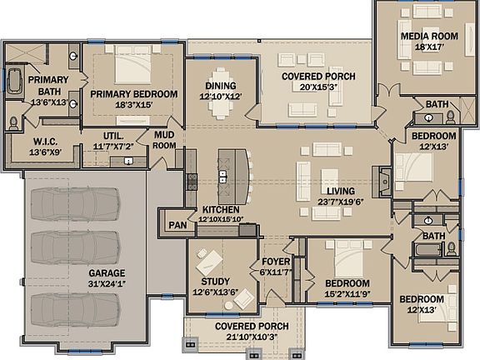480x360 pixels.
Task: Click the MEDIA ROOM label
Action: click(429, 36)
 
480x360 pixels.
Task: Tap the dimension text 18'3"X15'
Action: click(134, 105)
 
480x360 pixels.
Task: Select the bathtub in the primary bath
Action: click(14, 81)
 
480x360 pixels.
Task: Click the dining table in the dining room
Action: click(221, 93)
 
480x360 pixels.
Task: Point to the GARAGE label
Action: click(107, 273)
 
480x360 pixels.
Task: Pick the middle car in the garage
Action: click(75, 247)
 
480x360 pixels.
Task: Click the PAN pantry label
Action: click(177, 225)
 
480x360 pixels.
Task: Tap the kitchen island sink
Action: click(222, 177)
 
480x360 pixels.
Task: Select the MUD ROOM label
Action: click(164, 140)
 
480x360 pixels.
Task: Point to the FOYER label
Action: click(276, 262)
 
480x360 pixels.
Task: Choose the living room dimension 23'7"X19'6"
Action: click(340, 202)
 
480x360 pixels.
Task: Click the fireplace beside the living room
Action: click(382, 182)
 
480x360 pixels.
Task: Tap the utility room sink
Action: click(128, 161)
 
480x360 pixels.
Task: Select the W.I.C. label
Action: click(45, 142)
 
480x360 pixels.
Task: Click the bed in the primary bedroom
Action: click(133, 65)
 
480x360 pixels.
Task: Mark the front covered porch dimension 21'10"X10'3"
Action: click(252, 337)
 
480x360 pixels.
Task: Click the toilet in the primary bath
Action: click(13, 123)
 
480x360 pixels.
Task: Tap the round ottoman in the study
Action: click(228, 305)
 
